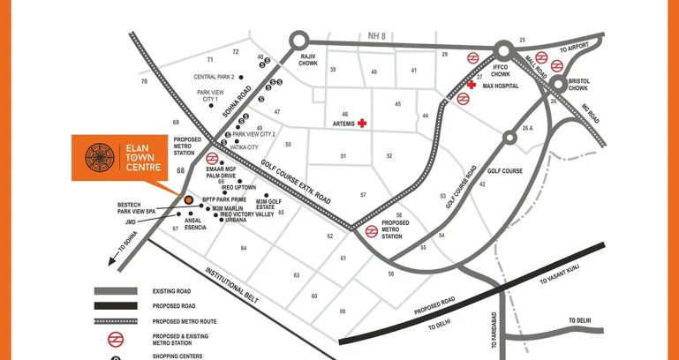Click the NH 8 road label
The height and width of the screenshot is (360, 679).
coord(378,36)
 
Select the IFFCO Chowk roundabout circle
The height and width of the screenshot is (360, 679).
coord(505,50)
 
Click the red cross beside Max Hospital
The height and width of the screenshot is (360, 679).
coord(472,86)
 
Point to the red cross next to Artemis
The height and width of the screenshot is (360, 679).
coord(361,124)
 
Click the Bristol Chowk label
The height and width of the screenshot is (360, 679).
coord(578,85)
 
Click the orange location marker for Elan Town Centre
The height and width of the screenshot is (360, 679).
coord(188,199)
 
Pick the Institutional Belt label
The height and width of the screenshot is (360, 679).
coord(231,286)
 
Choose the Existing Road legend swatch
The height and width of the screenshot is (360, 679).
coord(116,290)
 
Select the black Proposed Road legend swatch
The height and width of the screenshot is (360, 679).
coord(116,306)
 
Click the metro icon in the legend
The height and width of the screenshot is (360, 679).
coord(116,338)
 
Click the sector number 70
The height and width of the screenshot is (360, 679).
coord(144,82)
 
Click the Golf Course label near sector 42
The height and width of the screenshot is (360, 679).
coord(506,172)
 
